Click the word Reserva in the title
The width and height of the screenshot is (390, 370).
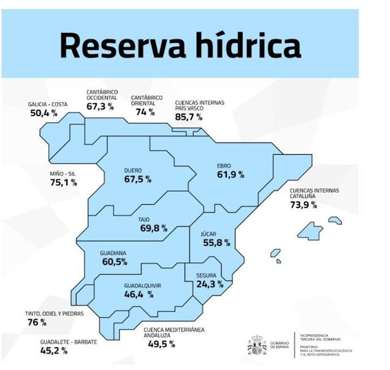point(117,46)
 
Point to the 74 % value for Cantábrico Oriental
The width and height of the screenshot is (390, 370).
point(145,112)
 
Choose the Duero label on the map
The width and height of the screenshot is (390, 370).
point(133,170)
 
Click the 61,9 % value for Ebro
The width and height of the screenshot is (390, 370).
point(230,175)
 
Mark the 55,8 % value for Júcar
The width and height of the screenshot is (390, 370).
point(216,243)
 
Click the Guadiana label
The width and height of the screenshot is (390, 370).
point(113,253)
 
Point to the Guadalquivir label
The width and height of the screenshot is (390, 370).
point(142,286)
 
